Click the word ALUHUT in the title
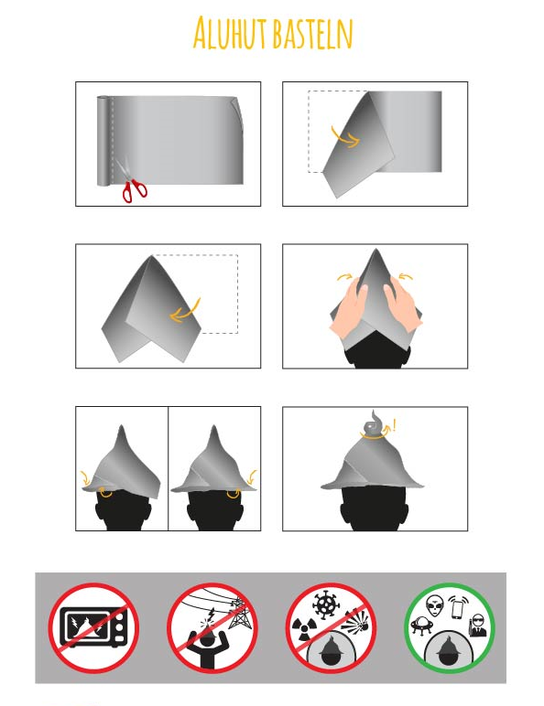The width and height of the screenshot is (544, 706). pos(231,32)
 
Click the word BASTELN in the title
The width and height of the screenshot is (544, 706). pos(312,34)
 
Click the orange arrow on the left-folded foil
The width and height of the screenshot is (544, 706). pos(345,137)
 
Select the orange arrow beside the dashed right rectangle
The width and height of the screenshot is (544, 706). pos(185,311)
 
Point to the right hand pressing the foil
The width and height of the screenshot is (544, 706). pos(402,305)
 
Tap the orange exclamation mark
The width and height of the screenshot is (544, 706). pos(395,424)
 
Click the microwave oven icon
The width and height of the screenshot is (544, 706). pos(93,627)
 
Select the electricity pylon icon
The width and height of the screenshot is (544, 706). pos(238,613)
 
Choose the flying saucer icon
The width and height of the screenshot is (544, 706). pos(422,626)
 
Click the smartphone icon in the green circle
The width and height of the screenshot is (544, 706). pos(458,608)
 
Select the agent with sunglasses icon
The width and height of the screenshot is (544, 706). pos(477,626)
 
